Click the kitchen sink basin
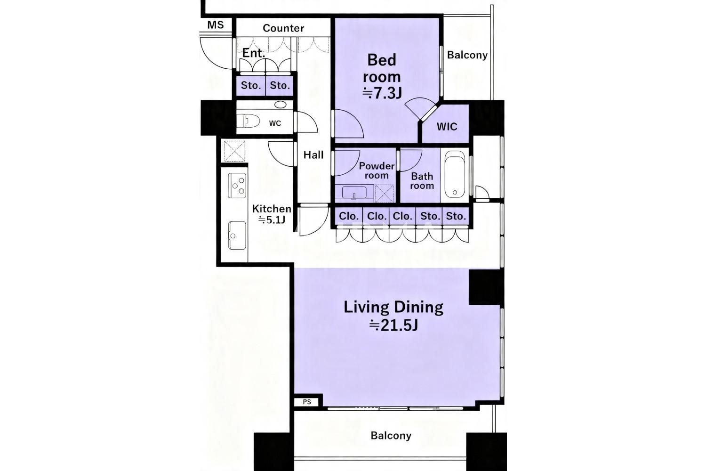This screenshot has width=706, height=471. tap(237, 235)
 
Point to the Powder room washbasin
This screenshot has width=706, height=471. tap(354, 193)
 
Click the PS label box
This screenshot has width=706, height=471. tap(307, 402)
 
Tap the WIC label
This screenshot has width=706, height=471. tap(447, 127)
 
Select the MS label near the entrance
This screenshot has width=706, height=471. tap(216, 24)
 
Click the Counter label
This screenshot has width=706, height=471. tap(283, 28)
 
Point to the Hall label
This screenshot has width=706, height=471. tap(313, 154)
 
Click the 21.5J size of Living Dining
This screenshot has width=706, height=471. tap(393, 325)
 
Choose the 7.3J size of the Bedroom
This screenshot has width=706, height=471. tap(382, 93)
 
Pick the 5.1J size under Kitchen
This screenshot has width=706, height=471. tap(272, 219)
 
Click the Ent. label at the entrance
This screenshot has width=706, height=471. tap(253, 53)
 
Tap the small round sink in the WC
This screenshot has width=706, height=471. tap(280, 105)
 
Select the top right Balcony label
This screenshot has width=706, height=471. tap(467, 55)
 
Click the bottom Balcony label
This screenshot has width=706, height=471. tap(391, 436)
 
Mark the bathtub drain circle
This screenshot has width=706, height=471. tap(455, 192)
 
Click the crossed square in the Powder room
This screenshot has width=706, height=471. tap(384, 194)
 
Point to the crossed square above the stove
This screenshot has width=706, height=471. tap(234, 151)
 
